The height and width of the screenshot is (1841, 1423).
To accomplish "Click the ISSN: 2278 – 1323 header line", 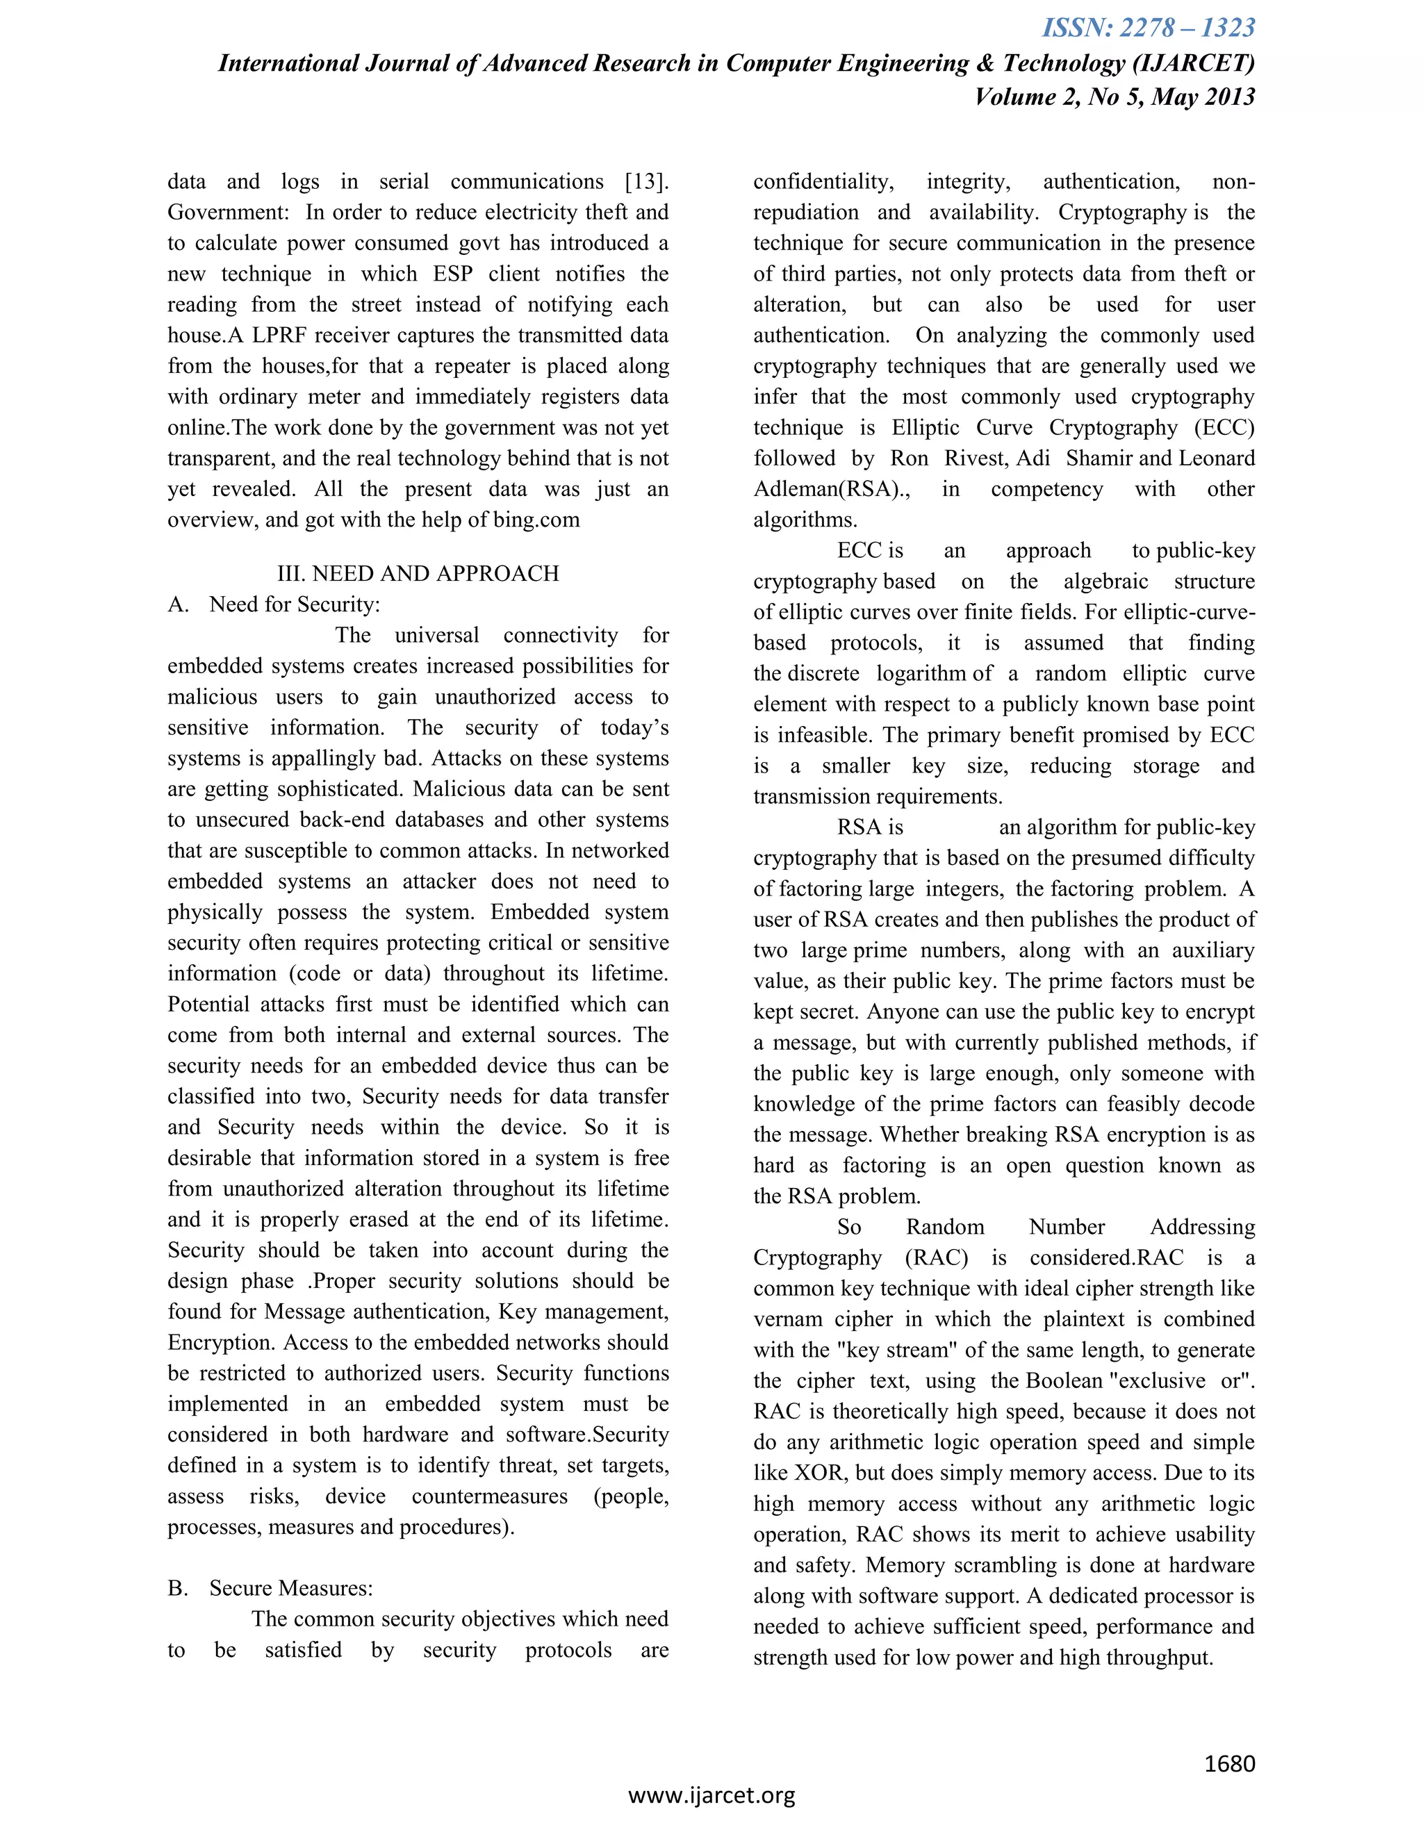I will pos(1148,28).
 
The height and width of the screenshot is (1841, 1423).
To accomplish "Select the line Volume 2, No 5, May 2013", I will pos(1114,97).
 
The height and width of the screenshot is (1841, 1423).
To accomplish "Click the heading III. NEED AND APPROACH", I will pos(418,574).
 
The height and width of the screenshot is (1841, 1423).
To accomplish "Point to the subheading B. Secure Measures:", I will pos(270,1589).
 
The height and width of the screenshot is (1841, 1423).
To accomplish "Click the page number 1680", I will pos(1230,1763).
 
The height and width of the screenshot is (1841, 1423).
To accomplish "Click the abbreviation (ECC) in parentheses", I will pos(1224,428).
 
